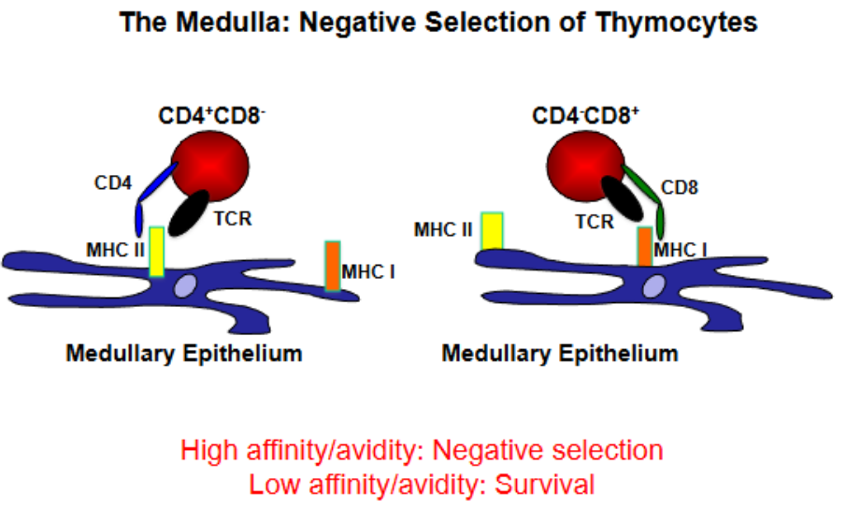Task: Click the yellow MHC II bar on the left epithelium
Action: click(157, 251)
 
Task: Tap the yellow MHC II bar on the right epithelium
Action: click(492, 232)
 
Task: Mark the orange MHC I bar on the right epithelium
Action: click(644, 246)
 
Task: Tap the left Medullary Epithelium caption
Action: click(183, 354)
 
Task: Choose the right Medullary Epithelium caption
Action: click(559, 354)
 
